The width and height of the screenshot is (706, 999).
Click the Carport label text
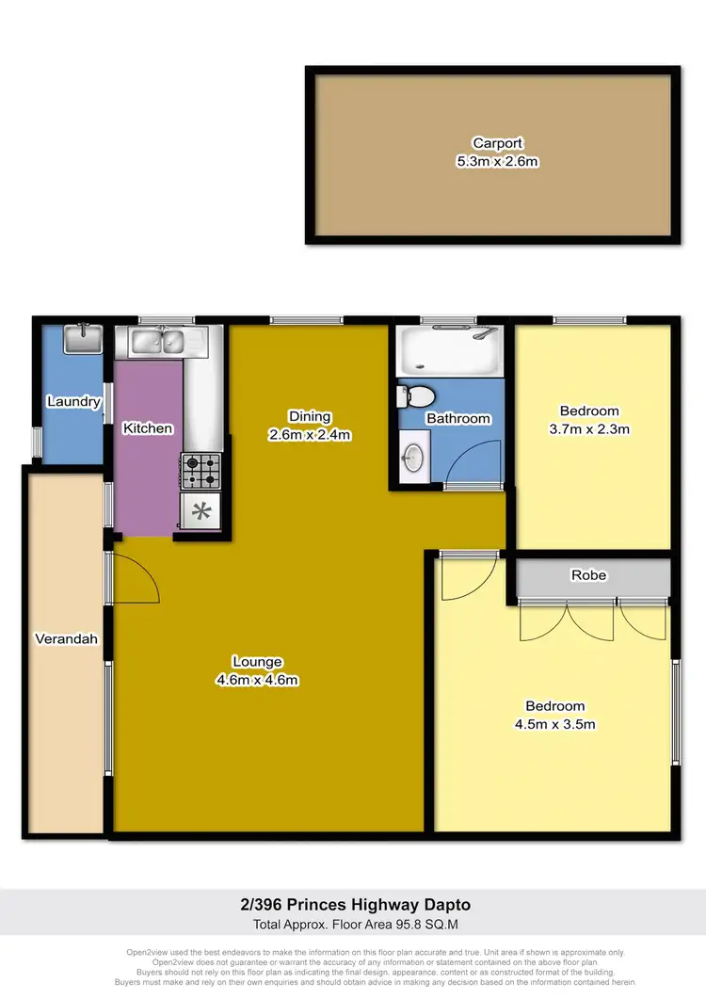coord(497,143)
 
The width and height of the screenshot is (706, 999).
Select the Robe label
coord(588,575)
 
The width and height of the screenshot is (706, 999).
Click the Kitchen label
coord(149,428)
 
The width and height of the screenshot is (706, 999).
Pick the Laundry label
coord(73,402)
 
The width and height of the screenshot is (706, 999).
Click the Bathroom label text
coord(458,418)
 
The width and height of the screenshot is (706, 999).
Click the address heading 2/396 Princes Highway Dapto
coord(353,905)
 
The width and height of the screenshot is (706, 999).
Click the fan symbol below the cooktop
coord(201,512)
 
